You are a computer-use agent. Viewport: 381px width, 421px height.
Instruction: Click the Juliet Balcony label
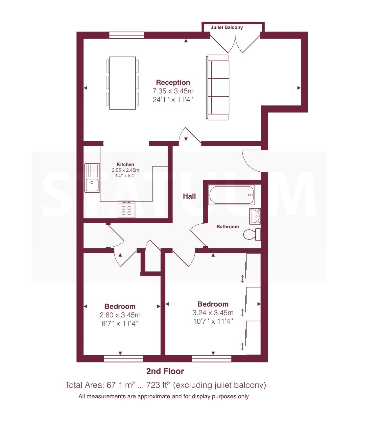point(226,28)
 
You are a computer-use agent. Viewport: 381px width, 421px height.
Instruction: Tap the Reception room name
point(173,83)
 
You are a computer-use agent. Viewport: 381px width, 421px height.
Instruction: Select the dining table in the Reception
point(123,83)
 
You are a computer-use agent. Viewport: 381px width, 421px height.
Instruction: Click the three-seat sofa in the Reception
point(218,87)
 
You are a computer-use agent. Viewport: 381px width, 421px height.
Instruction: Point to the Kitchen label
point(125,164)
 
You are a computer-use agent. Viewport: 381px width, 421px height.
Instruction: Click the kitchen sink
point(92,178)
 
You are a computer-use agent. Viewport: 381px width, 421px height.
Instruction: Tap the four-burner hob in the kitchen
point(126,210)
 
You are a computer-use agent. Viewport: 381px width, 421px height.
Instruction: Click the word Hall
point(189,196)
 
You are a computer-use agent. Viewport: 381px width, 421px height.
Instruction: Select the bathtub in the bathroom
point(231,195)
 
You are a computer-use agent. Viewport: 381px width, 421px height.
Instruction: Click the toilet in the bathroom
point(252,235)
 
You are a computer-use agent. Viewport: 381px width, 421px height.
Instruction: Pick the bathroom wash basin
point(255,216)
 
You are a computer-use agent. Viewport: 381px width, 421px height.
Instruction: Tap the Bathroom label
point(227,227)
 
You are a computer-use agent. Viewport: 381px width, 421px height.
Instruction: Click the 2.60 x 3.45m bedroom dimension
point(120,315)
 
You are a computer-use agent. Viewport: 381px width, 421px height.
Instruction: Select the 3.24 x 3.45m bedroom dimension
point(213,313)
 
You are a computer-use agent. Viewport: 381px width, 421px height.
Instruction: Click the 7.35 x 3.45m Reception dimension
point(173,91)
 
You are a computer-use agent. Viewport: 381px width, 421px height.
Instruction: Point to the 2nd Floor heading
point(165,371)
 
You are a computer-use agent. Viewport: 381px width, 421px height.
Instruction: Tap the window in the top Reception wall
point(127,35)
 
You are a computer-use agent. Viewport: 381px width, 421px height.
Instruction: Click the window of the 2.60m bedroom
point(123,359)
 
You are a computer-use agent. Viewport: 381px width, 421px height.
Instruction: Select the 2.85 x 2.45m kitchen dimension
point(125,170)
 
